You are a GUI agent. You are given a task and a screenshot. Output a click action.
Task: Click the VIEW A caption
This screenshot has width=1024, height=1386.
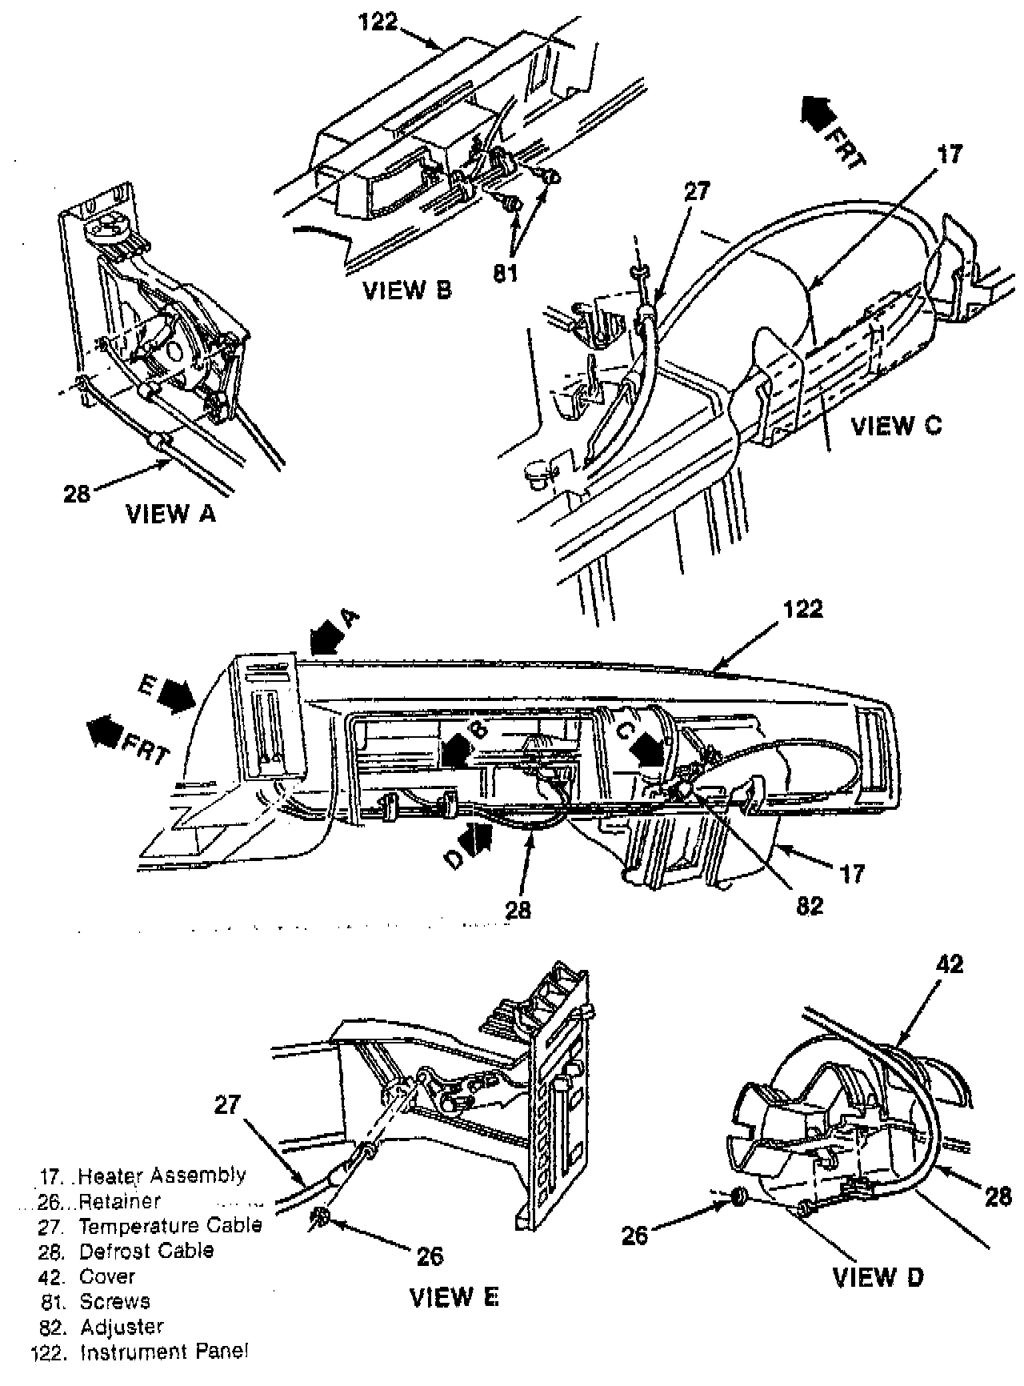pos(171,515)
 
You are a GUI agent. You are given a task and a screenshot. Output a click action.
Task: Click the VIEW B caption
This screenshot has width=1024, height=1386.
pos(407,289)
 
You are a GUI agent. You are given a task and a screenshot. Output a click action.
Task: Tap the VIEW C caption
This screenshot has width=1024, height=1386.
pos(897,426)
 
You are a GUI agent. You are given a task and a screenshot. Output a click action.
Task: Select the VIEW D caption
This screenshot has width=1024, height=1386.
pos(878,1277)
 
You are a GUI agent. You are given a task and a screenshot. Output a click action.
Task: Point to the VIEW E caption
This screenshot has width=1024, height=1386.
pos(454,1296)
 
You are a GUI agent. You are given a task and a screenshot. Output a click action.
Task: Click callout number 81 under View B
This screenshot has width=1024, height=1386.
pos(506,273)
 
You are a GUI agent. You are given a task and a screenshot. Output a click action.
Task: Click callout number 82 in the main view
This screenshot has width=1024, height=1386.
pos(806,905)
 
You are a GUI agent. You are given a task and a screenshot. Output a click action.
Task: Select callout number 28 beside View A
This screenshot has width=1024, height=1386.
pos(78,495)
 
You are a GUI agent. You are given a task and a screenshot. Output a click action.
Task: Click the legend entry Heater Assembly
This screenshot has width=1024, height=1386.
pos(162,1176)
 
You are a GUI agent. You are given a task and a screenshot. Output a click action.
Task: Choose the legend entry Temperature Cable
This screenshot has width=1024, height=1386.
pos(170,1225)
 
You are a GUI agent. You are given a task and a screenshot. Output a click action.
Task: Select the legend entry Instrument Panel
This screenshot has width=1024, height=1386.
pos(165,1352)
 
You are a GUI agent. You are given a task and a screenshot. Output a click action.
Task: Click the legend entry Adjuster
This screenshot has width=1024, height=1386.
pos(122,1327)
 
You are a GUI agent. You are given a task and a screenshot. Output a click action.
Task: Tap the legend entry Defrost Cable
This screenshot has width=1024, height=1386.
pos(146,1250)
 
